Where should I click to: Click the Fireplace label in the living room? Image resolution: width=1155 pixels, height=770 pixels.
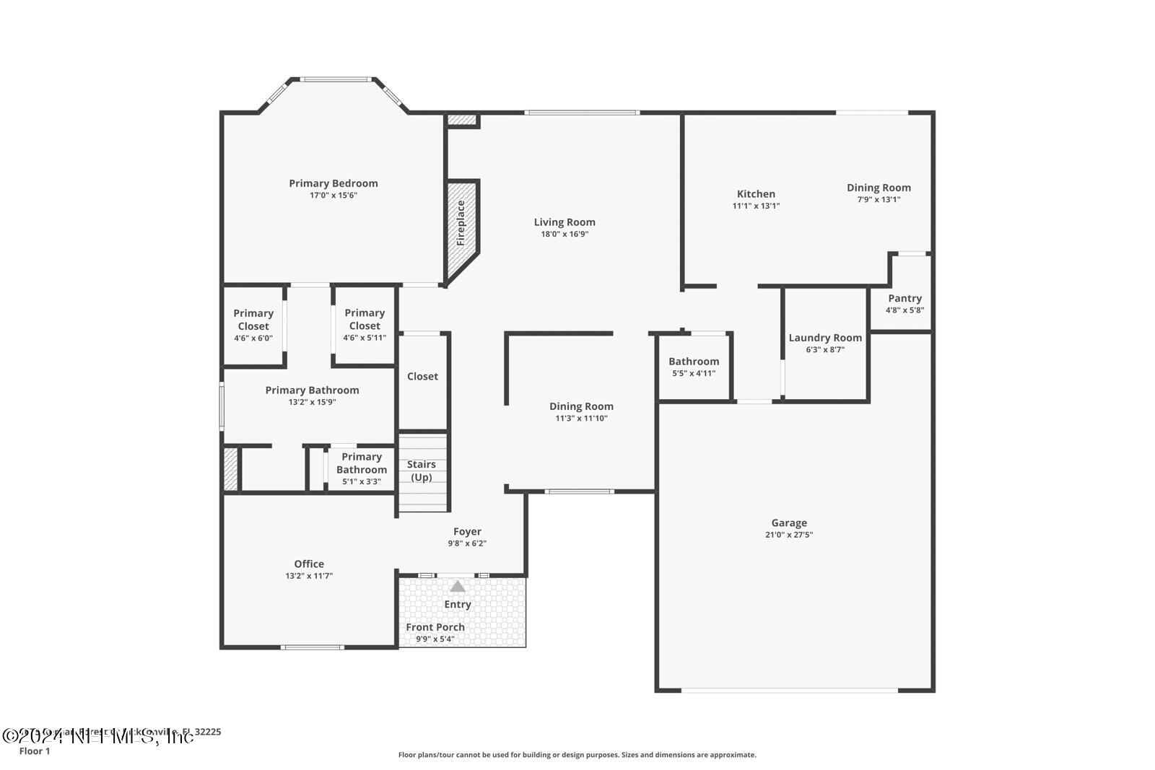[461, 223]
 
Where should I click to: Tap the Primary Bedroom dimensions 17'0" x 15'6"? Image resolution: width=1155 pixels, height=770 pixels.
[334, 195]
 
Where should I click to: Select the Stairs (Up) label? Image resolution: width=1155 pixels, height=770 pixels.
[422, 471]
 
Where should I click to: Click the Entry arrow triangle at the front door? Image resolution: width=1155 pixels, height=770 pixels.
[458, 587]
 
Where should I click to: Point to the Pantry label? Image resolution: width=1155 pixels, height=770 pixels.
[905, 298]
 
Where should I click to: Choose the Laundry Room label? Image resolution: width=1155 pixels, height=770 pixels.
[825, 338]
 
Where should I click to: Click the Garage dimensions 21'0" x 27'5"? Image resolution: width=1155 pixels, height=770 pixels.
[789, 535]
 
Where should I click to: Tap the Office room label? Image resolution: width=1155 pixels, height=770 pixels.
[309, 564]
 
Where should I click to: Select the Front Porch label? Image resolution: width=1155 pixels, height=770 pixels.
[435, 627]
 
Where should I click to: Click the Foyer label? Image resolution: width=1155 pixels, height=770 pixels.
[467, 532]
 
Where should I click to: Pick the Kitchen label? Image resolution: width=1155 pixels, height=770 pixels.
[756, 193]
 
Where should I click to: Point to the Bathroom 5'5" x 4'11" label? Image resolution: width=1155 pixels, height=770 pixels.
[694, 362]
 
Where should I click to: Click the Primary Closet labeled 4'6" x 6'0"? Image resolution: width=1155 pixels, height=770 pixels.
[253, 320]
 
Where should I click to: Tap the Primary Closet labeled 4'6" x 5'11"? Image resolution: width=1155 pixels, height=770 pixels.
[365, 319]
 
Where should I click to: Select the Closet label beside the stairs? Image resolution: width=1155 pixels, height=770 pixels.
[422, 376]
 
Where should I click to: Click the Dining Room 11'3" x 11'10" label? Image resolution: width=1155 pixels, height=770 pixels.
[581, 406]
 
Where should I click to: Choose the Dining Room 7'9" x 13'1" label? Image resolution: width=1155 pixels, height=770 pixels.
[879, 188]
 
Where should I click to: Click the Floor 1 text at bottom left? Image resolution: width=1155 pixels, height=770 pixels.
[35, 751]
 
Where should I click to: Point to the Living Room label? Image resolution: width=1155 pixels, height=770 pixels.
[565, 222]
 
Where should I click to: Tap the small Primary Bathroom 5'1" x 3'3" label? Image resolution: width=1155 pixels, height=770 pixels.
[362, 463]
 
